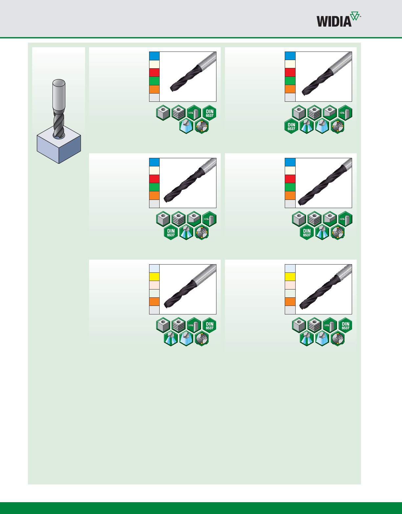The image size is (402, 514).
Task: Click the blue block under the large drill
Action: pyautogui.click(x=59, y=146)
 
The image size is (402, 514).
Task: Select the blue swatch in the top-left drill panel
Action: pyautogui.click(x=154, y=56)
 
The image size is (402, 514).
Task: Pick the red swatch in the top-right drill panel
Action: pyautogui.click(x=290, y=73)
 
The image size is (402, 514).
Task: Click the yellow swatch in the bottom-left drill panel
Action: pyautogui.click(x=154, y=277)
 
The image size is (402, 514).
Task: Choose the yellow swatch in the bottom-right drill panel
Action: pyautogui.click(x=290, y=277)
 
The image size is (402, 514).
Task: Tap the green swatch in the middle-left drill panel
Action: pyautogui.click(x=154, y=187)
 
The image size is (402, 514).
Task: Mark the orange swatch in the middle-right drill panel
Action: pyautogui.click(x=290, y=195)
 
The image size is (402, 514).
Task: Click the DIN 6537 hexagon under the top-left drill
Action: pyautogui.click(x=210, y=113)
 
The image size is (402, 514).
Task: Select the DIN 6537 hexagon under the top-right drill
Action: pyautogui.click(x=291, y=127)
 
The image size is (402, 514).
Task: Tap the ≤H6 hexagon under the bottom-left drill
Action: pyautogui.click(x=194, y=325)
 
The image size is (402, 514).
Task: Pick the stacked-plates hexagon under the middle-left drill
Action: pyautogui.click(x=179, y=219)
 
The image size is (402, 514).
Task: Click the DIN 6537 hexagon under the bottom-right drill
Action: pyautogui.click(x=346, y=325)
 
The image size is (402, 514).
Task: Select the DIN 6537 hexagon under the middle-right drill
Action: pyautogui.click(x=307, y=233)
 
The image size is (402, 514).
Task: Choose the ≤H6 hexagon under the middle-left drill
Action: pyautogui.click(x=210, y=219)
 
